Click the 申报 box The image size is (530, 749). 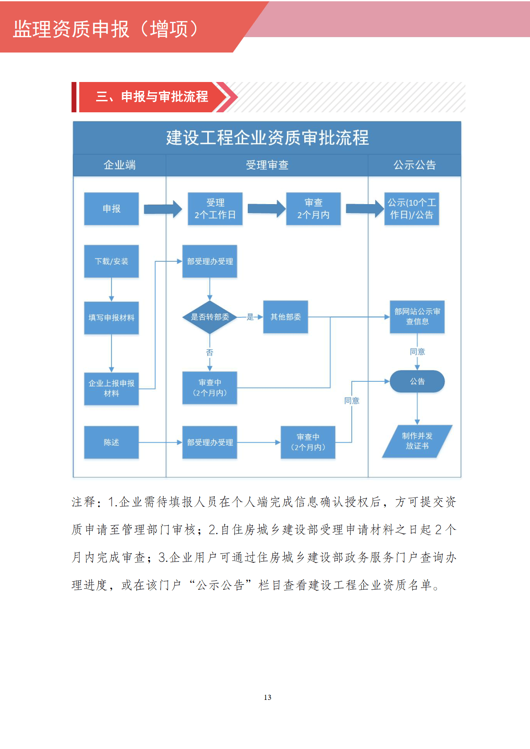click(112, 209)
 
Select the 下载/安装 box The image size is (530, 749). click(112, 261)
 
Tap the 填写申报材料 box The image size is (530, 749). click(112, 318)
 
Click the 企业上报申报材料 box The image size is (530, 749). click(112, 388)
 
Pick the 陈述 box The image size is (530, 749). click(112, 442)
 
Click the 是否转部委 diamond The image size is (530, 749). click(209, 317)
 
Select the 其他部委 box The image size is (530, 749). click(286, 317)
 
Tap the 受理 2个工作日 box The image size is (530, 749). click(215, 209)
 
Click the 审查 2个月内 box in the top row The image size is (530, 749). click(313, 209)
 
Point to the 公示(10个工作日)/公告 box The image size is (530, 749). click(412, 209)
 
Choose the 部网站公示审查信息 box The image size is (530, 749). click(417, 317)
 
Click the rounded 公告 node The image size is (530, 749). click(417, 381)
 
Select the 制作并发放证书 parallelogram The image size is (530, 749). click(417, 441)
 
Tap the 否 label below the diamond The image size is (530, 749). click(209, 352)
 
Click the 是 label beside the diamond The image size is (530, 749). click(250, 317)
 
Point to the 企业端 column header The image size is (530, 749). click(120, 165)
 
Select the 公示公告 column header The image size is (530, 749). click(415, 165)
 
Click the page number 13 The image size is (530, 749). click(268, 697)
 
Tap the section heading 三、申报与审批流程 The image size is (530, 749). click(152, 97)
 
